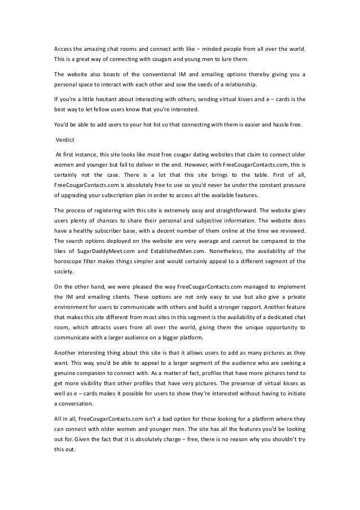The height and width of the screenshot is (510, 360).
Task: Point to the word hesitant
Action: coord(106,99)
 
